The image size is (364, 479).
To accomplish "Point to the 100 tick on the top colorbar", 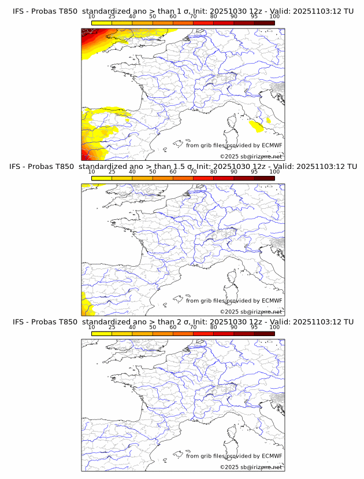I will [x=274, y=16].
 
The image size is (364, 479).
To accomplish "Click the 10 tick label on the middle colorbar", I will [x=91, y=171].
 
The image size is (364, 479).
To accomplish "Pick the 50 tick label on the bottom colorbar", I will [x=153, y=327].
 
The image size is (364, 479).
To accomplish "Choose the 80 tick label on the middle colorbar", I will [x=214, y=171].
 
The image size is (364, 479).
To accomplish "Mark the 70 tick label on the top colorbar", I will [x=193, y=16].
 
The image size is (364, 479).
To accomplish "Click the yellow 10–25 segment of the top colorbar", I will [x=102, y=23].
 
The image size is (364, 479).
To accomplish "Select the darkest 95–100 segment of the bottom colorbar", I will [x=264, y=333].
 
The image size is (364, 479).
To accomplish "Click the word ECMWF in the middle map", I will [x=272, y=301].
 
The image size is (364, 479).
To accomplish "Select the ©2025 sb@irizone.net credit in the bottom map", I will [x=251, y=467].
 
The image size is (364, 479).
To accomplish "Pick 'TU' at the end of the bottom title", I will [x=348, y=322].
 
